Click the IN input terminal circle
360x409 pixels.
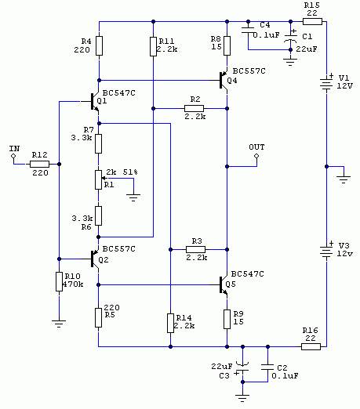click(13, 156)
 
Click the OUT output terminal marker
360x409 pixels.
click(256, 156)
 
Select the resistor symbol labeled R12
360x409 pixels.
click(39, 164)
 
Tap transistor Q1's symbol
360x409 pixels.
click(94, 101)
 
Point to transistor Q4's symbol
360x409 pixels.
click(223, 81)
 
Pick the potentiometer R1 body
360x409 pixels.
click(98, 179)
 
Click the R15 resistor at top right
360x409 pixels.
click(312, 21)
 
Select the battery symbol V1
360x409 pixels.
click(326, 84)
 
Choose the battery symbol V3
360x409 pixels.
click(326, 252)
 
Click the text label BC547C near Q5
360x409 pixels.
click(248, 274)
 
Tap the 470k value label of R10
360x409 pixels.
click(73, 284)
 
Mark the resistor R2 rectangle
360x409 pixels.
click(194, 108)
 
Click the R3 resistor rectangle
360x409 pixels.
click(195, 249)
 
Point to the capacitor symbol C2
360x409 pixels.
click(267, 367)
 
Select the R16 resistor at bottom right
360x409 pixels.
click(311, 346)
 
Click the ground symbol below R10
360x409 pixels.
click(59, 324)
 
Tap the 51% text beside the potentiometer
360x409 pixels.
click(130, 172)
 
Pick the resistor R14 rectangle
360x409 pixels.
click(170, 324)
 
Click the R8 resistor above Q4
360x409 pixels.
click(227, 45)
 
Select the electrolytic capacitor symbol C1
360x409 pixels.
click(290, 38)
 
